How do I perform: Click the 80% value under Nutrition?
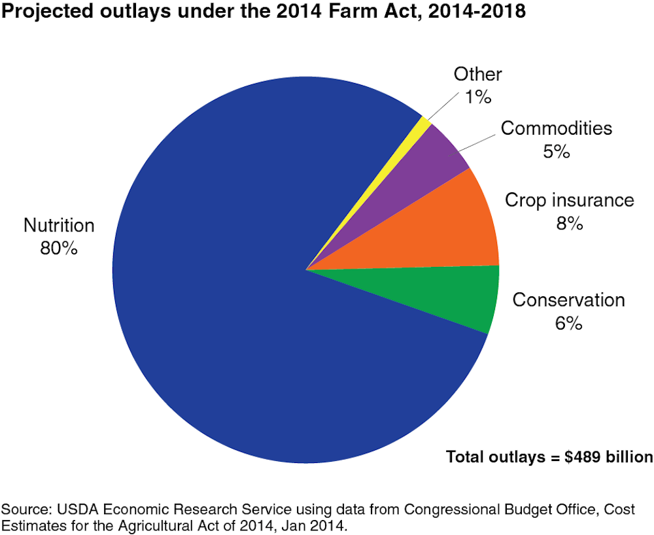coord(59,249)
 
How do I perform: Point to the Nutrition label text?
coord(59,226)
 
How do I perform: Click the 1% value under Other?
coord(478,97)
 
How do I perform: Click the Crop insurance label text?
coord(570,200)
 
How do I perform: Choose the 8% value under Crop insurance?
coord(569,223)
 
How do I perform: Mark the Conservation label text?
coord(568,300)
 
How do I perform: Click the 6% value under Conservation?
coord(568,323)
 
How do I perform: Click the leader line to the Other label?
coord(441,107)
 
